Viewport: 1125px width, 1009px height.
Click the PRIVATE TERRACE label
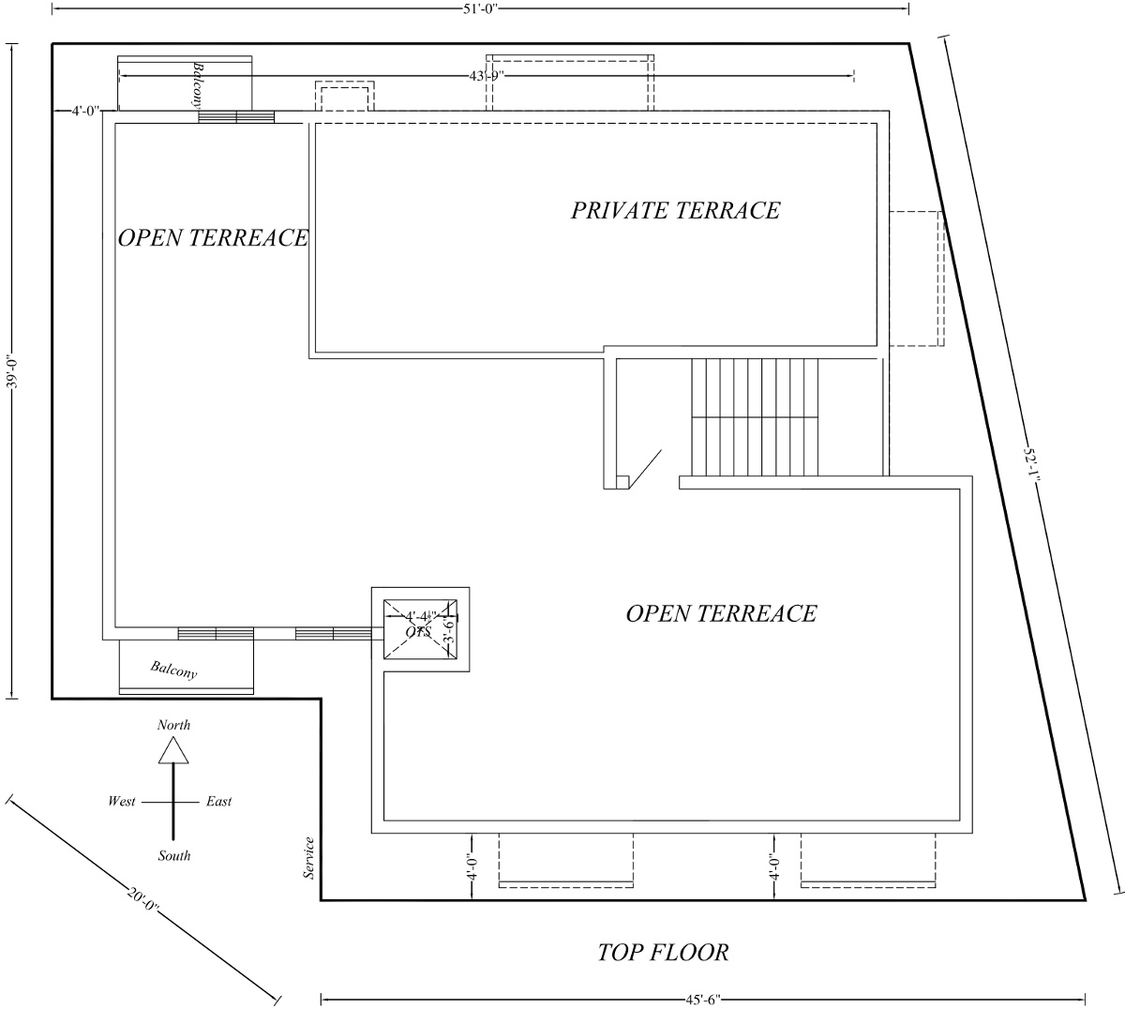click(x=675, y=210)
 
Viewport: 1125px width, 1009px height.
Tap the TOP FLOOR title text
click(x=663, y=953)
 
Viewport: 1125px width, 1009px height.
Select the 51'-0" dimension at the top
click(x=481, y=8)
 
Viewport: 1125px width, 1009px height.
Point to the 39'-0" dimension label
click(x=12, y=370)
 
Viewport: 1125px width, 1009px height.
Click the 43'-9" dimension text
click(x=487, y=76)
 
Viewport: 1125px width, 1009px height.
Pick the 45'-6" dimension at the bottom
click(x=703, y=1000)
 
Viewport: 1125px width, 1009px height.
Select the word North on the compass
click(x=173, y=725)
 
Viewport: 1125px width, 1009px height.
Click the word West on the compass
click(x=122, y=802)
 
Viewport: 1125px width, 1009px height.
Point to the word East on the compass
click(x=219, y=802)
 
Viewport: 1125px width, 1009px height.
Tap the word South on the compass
click(x=174, y=855)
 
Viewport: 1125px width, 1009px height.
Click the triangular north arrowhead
click(x=173, y=750)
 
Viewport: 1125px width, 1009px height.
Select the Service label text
click(x=308, y=857)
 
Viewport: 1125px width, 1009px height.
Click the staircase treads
click(x=755, y=416)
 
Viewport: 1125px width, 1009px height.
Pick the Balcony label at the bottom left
click(x=173, y=670)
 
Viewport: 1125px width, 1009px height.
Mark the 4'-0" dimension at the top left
click(x=84, y=111)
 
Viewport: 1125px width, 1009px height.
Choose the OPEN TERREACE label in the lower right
click(x=720, y=614)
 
